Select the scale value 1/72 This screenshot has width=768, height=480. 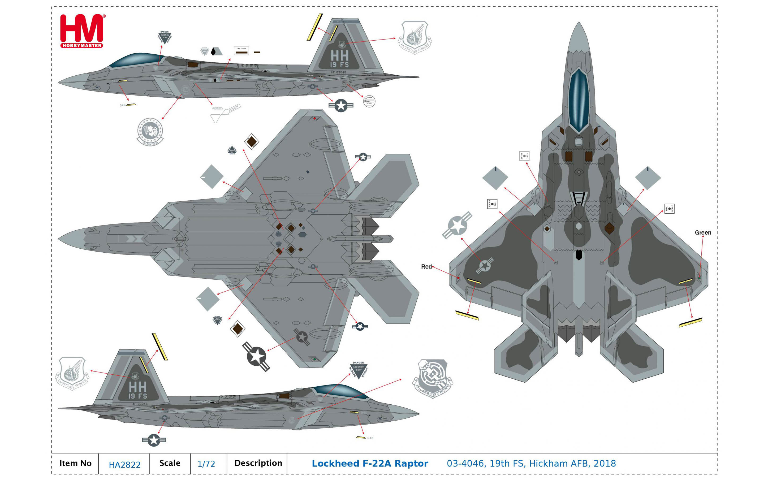pos(206,464)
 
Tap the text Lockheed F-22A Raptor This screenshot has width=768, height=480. pos(370,464)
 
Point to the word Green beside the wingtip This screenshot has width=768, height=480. pos(703,232)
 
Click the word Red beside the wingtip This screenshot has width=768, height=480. pos(426,267)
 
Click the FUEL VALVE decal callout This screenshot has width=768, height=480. pos(524,156)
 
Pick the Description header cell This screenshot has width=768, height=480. pos(258,463)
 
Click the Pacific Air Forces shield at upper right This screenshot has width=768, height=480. pos(415,37)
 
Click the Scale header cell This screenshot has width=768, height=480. pos(170,463)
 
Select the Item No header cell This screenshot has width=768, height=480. pos(75,463)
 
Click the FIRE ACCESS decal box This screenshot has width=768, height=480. pos(241,51)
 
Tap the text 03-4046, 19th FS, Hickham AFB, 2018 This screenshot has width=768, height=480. pos(531,464)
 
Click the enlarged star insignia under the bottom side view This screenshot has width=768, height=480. pos(154,440)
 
